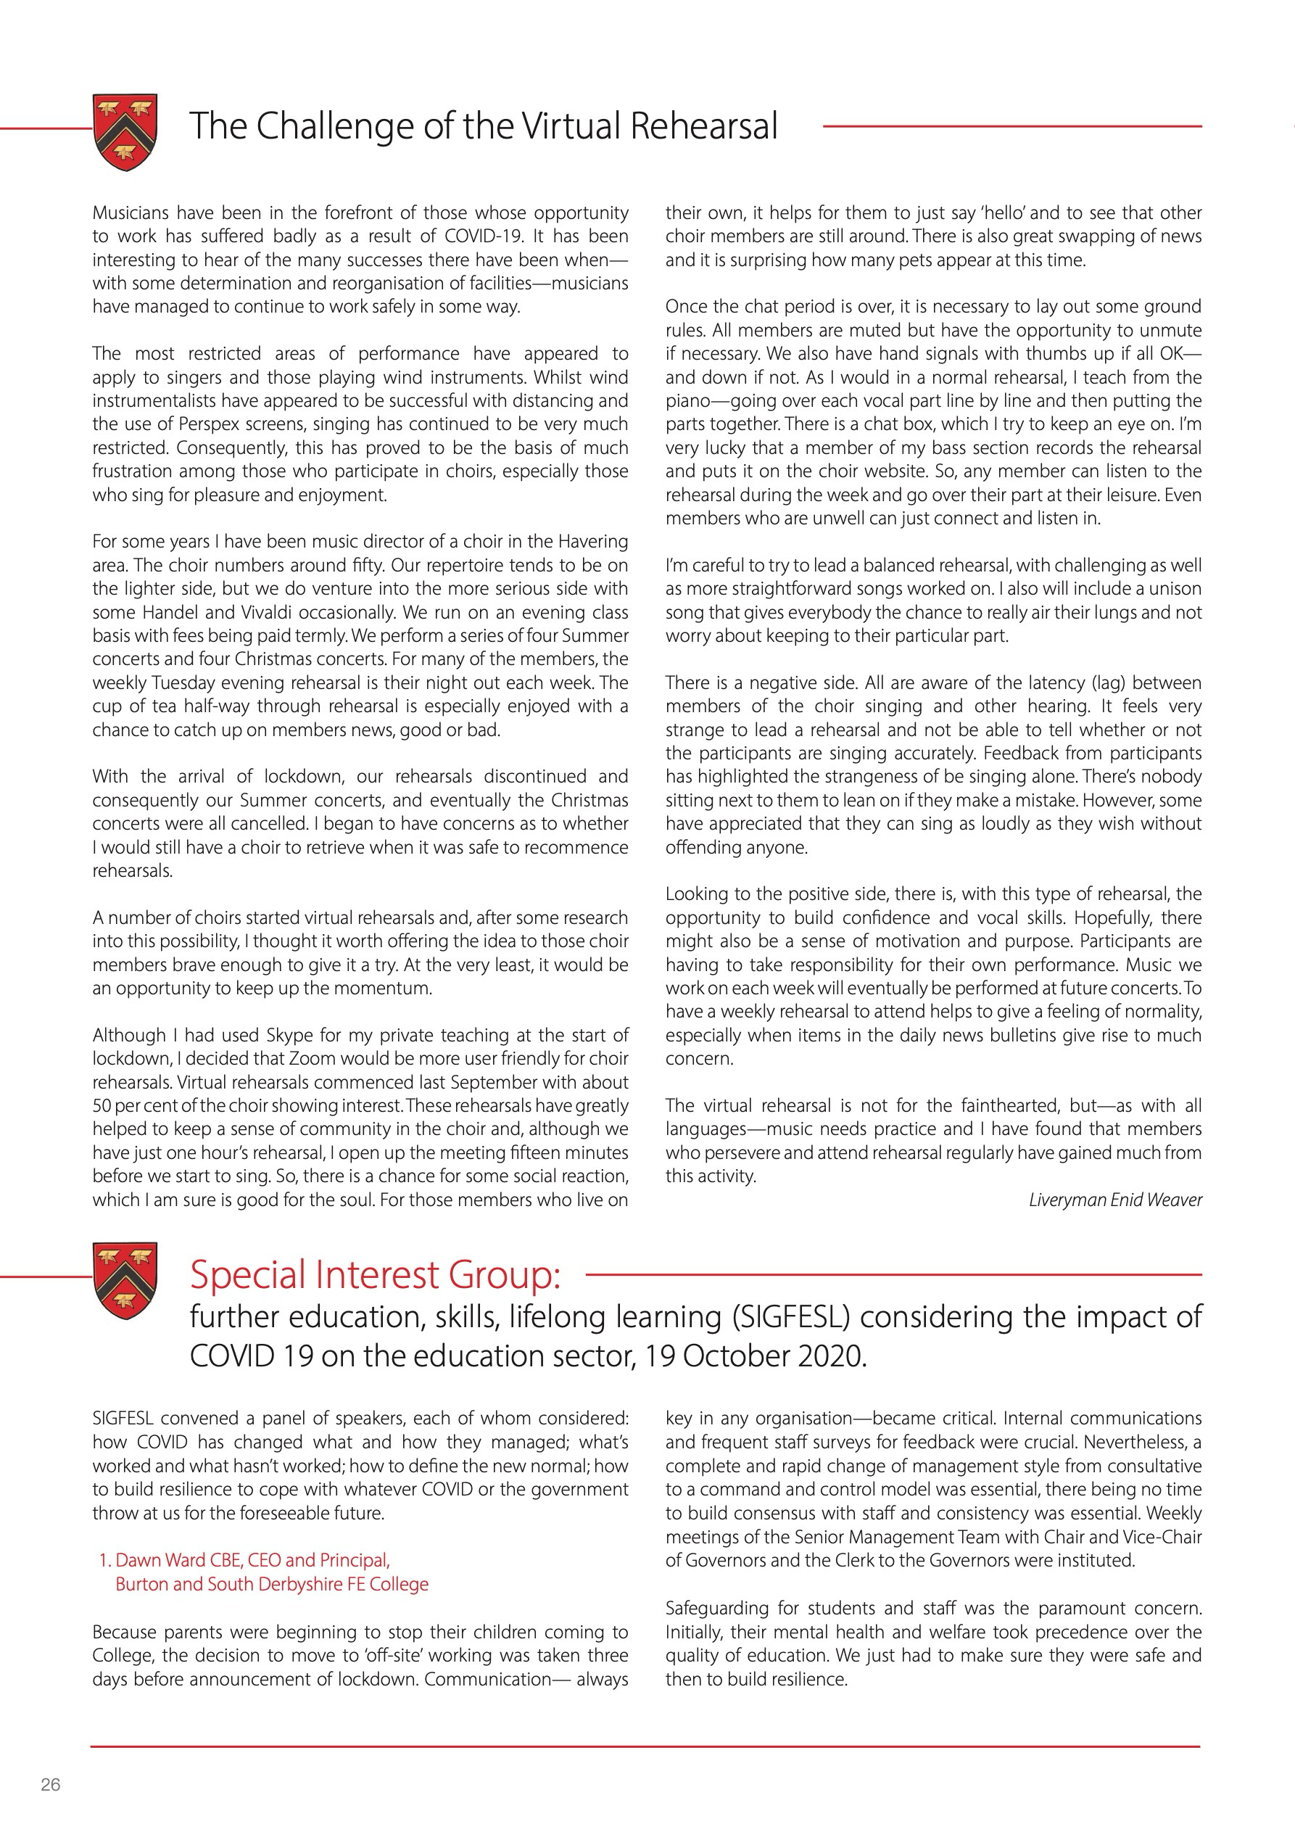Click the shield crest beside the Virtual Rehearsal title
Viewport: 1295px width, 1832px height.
(x=125, y=132)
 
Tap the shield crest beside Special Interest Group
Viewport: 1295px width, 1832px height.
(x=125, y=1280)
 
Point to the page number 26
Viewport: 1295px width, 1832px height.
(x=50, y=1785)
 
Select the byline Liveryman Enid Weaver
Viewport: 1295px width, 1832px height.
(x=1114, y=1200)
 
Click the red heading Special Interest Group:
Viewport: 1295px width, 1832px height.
(x=375, y=1275)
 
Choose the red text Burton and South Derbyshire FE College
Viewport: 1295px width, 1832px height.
(x=271, y=1585)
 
